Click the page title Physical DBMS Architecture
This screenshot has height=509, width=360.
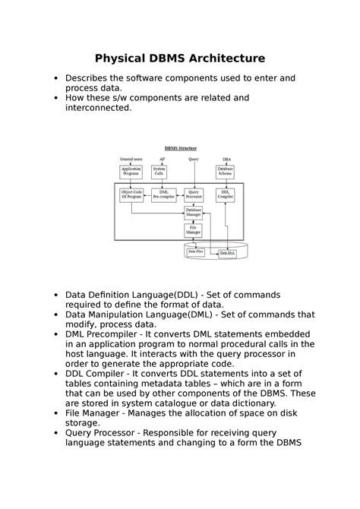click(179, 58)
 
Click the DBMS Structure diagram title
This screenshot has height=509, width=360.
click(181, 148)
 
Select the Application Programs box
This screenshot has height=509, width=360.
click(131, 172)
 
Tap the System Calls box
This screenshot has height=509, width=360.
click(160, 172)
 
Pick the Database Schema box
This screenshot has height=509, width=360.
click(226, 172)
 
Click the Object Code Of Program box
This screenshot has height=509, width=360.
click(131, 195)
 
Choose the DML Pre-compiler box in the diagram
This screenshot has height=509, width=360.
click(163, 195)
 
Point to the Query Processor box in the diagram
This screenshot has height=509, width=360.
click(194, 195)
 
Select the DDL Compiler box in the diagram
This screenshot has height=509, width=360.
click(226, 195)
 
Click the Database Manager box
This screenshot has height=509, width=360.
click(194, 213)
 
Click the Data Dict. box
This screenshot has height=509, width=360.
click(227, 251)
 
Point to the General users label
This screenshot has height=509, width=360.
click(131, 160)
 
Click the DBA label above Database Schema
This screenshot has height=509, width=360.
click(226, 160)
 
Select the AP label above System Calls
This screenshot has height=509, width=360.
click(162, 160)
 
